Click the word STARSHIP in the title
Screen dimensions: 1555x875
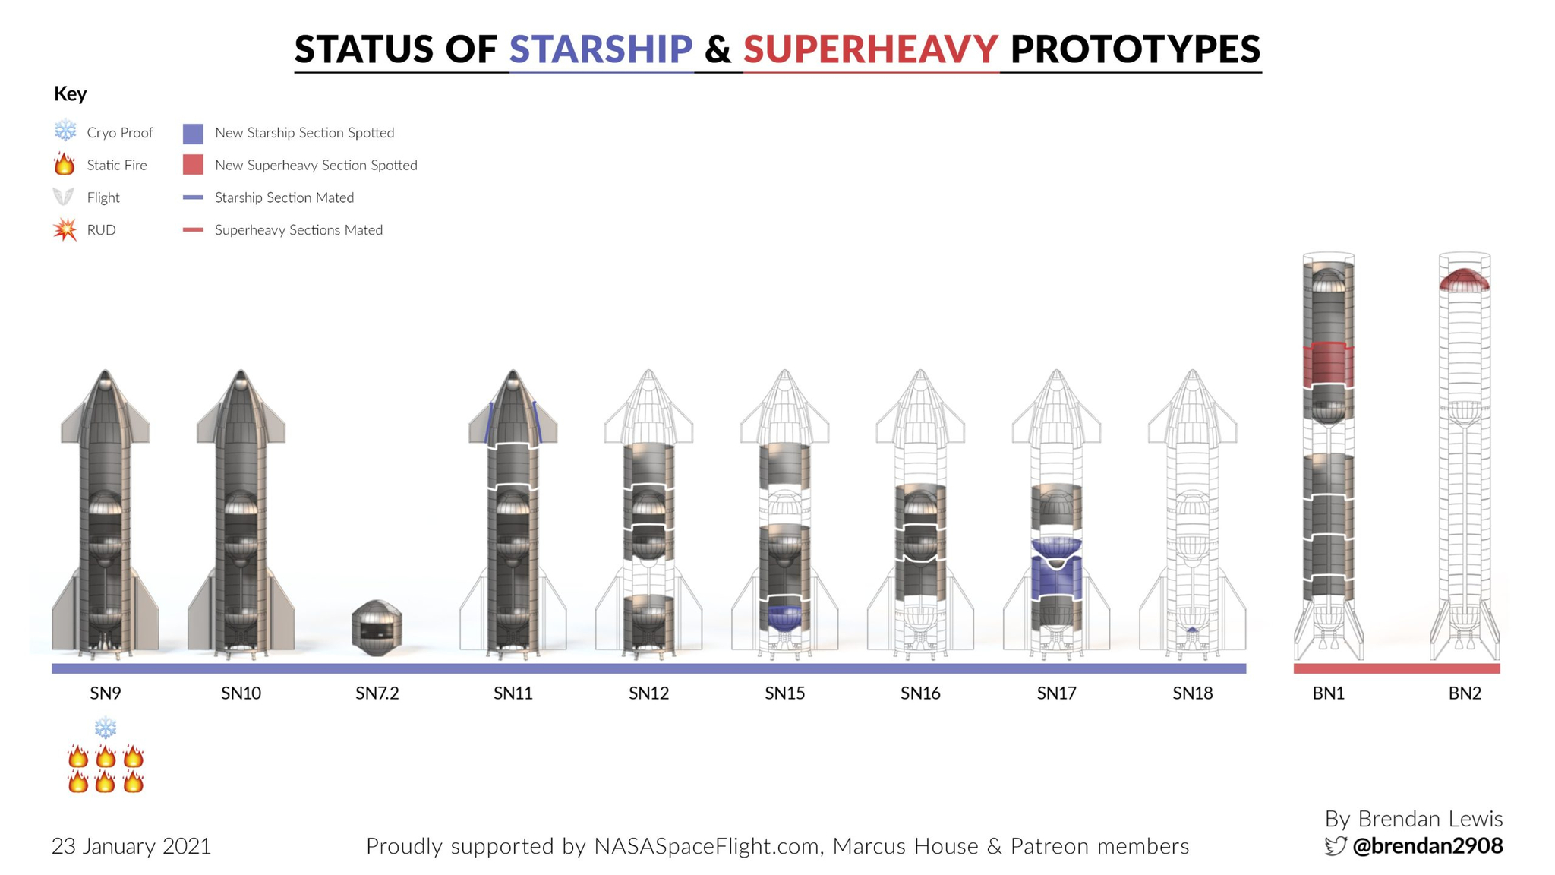click(x=601, y=49)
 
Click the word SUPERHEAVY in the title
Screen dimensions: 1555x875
click(x=871, y=49)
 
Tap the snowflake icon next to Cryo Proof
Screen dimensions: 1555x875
click(x=65, y=131)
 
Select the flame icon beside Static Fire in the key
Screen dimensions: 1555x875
click(x=65, y=163)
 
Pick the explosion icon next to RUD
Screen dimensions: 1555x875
click(x=65, y=229)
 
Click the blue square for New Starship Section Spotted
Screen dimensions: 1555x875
click(x=193, y=134)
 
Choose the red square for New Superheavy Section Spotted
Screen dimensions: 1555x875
click(x=193, y=165)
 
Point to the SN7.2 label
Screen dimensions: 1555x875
click(x=377, y=693)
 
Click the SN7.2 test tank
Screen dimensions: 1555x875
click(x=377, y=627)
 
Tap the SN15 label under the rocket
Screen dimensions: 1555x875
click(x=784, y=693)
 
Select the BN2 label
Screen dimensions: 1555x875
click(x=1465, y=693)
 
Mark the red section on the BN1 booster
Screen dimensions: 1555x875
click(x=1329, y=365)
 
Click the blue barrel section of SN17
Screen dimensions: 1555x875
click(x=1056, y=577)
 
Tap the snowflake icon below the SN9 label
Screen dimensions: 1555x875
click(x=106, y=728)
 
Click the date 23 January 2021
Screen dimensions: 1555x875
click(x=131, y=846)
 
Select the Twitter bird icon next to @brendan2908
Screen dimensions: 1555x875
click(x=1336, y=845)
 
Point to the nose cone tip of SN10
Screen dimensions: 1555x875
click(x=241, y=371)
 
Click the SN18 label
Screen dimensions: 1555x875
click(x=1192, y=693)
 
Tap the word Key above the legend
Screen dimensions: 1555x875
click(x=70, y=94)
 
